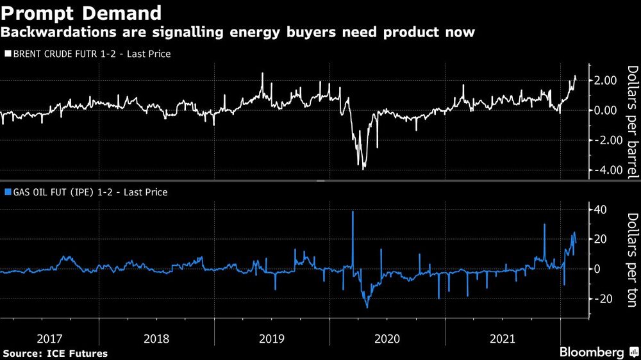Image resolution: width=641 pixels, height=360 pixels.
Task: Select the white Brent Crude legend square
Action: [7, 54]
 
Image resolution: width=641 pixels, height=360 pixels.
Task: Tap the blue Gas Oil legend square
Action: [7, 192]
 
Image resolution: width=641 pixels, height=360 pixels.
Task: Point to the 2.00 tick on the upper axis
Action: [606, 81]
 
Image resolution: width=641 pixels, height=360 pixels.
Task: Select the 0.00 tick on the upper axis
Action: [606, 111]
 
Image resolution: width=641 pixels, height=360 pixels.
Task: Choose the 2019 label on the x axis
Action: [272, 338]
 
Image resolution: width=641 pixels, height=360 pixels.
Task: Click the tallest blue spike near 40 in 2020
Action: [353, 212]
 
